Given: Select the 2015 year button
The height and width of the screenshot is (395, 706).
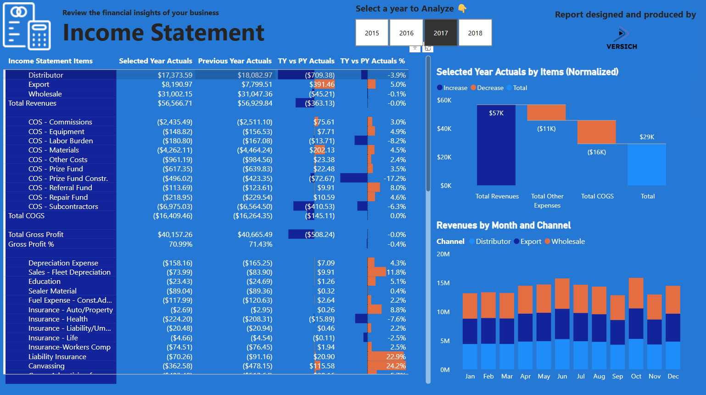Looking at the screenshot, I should click(x=372, y=33).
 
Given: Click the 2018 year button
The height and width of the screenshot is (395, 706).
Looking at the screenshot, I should click(x=475, y=33).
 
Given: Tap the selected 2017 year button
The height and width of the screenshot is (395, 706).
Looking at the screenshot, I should click(x=441, y=33).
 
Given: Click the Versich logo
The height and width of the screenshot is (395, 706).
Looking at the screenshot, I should click(x=622, y=39).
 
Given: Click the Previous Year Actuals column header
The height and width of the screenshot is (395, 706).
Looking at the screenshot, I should click(x=235, y=61).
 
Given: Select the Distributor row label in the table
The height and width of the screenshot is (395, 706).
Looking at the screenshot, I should click(x=45, y=75).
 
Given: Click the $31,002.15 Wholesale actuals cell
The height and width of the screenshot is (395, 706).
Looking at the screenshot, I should click(x=175, y=94).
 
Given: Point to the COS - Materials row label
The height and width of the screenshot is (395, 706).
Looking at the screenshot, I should click(x=53, y=150).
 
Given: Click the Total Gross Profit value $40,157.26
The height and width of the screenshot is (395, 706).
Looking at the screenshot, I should click(x=175, y=235).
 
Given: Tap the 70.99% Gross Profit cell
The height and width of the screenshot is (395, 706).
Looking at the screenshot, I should click(x=180, y=244).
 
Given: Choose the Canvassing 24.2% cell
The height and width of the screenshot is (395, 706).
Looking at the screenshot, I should click(x=396, y=366).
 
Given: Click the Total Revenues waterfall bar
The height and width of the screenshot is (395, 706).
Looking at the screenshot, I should click(x=496, y=145).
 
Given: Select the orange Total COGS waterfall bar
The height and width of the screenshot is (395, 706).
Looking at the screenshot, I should click(x=596, y=132).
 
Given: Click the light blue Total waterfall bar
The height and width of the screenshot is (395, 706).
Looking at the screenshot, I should click(x=646, y=164).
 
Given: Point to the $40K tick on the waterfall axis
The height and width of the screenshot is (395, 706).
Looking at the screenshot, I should click(x=444, y=129).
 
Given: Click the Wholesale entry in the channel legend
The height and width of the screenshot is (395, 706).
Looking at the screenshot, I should click(x=567, y=242).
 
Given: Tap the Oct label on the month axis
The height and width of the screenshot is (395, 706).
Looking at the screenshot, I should click(x=636, y=376).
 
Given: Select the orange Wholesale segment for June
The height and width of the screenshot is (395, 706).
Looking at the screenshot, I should click(x=562, y=293).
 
